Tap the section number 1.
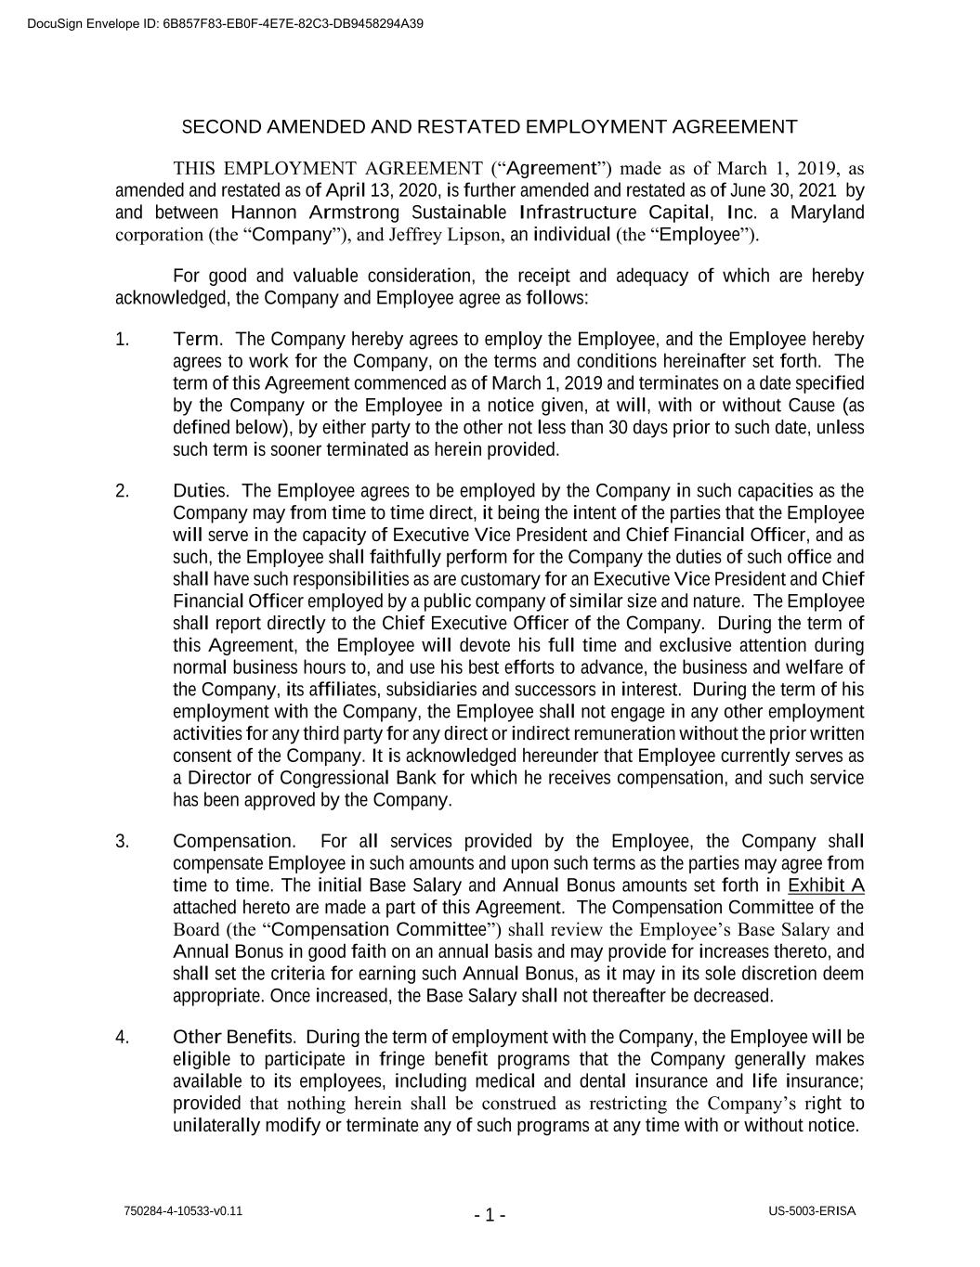click(122, 340)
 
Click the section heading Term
click(196, 340)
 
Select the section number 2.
click(122, 491)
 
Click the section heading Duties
click(200, 491)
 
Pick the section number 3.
click(122, 842)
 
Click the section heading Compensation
click(234, 842)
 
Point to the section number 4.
click(122, 1037)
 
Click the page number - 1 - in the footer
click(490, 1215)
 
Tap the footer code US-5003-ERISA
click(812, 1211)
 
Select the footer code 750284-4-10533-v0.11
click(183, 1211)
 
